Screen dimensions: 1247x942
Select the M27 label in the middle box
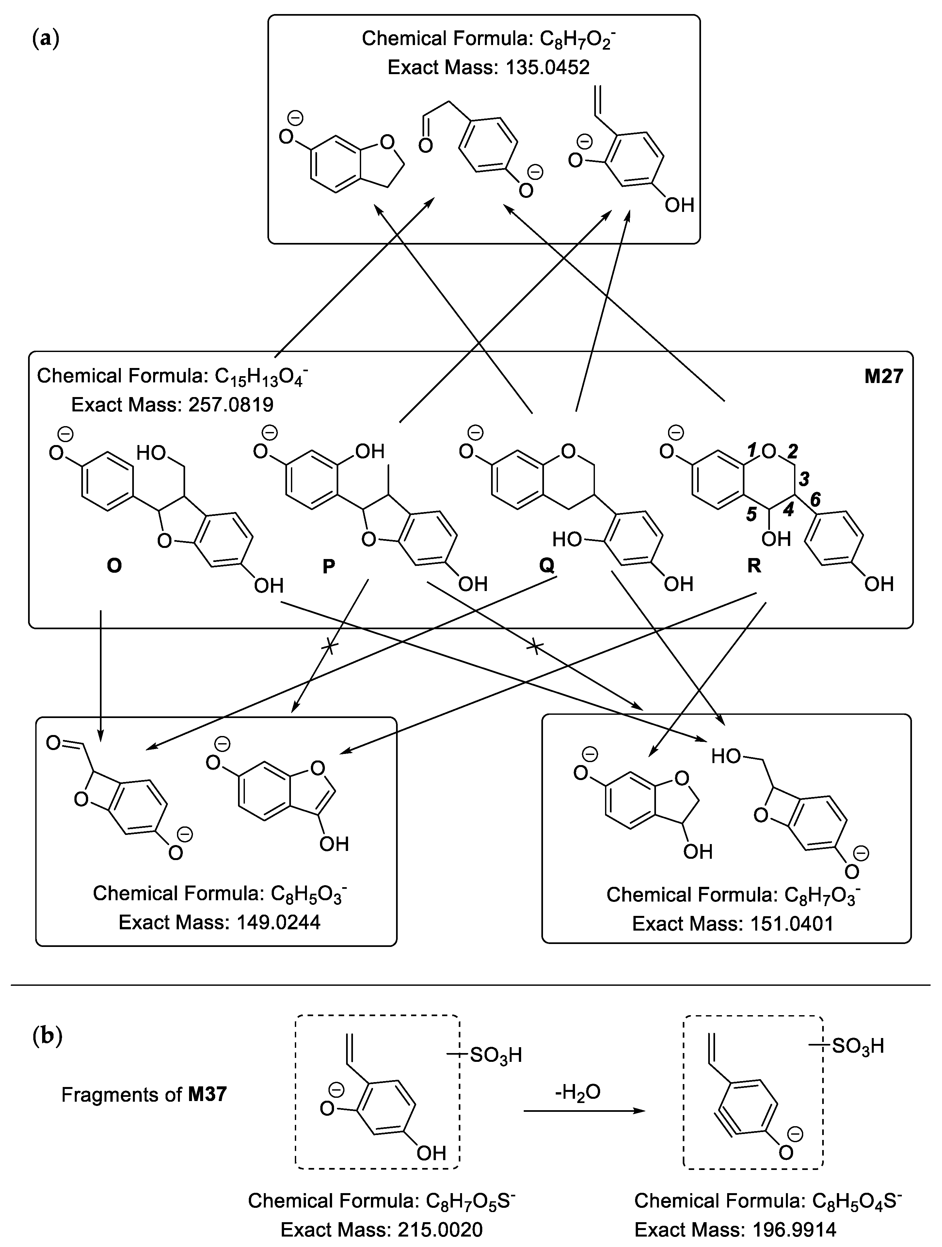883,376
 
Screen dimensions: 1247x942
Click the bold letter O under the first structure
114,566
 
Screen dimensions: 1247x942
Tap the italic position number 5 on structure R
751,514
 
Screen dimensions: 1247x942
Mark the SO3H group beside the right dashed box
857,1046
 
